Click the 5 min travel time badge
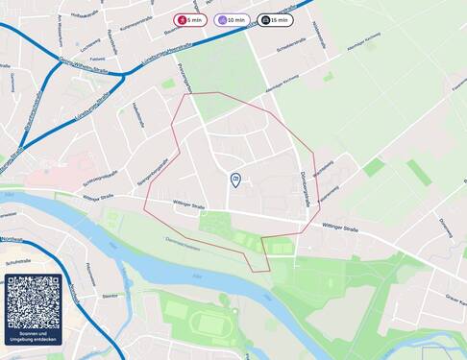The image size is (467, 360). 190,19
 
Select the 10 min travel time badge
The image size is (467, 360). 232,19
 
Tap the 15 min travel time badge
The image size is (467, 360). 275,19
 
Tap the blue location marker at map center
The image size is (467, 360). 235,179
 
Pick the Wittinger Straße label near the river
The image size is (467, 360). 188,204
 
